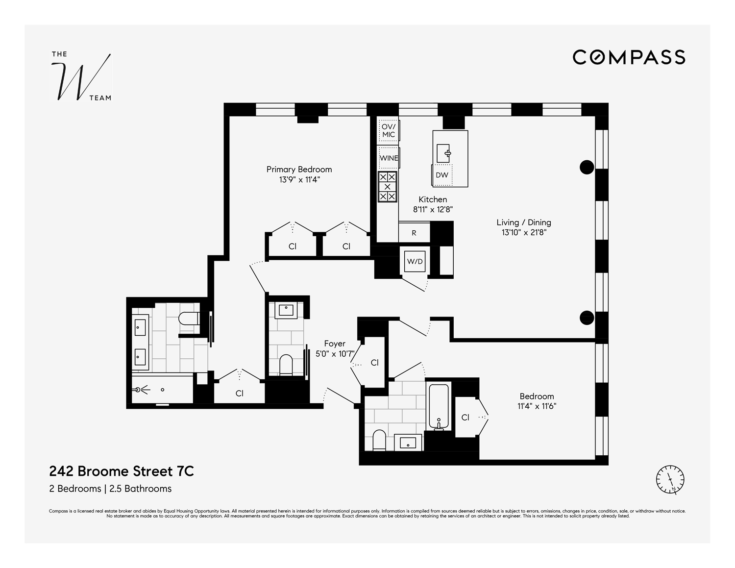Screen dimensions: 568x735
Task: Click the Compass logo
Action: [629, 57]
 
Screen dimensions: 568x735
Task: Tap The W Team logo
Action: [81, 76]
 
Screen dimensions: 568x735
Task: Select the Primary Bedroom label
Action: [299, 170]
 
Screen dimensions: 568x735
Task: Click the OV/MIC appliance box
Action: [388, 130]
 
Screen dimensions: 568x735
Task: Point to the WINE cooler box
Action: [389, 158]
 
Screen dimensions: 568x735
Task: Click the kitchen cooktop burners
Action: [388, 187]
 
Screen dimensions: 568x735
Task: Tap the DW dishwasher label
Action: [442, 175]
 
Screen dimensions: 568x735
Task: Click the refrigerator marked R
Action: [414, 233]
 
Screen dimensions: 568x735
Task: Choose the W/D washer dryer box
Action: [415, 262]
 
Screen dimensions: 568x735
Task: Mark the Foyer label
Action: [335, 344]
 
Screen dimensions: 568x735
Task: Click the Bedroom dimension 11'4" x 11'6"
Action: [537, 406]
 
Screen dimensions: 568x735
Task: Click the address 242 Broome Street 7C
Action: [122, 471]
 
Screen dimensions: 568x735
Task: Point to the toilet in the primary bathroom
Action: [189, 319]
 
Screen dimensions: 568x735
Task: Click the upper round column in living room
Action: [587, 168]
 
